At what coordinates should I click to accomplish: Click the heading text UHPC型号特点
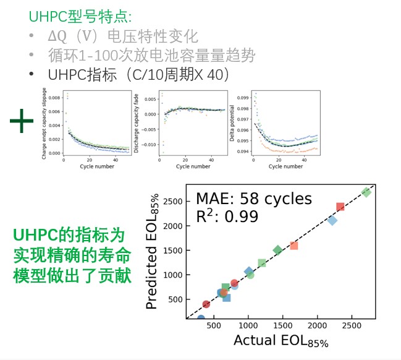click(x=71, y=16)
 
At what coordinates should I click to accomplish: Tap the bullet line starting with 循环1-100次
click(x=152, y=55)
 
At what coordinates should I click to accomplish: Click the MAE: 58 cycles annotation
click(x=254, y=199)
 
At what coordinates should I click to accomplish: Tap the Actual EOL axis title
click(x=280, y=341)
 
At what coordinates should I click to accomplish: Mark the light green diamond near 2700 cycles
click(x=366, y=192)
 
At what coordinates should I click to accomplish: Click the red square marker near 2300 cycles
click(x=340, y=207)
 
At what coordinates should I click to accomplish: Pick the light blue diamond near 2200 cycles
click(x=332, y=220)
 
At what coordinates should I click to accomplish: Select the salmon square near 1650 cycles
click(x=293, y=246)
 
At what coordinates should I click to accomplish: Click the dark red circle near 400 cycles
click(x=206, y=304)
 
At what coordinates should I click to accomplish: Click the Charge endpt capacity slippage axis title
click(x=44, y=124)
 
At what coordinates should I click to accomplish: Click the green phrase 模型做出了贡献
click(x=71, y=276)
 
